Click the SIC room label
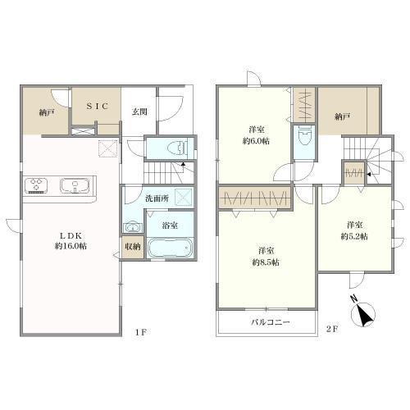coord(98,106)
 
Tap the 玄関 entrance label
coord(139,112)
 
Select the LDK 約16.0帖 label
coord(71,240)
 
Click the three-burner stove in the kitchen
coord(36,185)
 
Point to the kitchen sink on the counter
coord(75,186)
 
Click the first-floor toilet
coord(178,148)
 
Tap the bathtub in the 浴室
coord(170,248)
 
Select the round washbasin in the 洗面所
coord(133,227)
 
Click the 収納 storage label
coord(133,247)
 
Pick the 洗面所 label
coord(157,198)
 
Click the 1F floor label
coord(141,331)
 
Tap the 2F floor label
coord(332,329)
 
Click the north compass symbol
coord(363,313)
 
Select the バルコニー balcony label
coord(271,322)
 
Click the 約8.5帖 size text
coord(266,262)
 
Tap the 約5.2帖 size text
coord(354,236)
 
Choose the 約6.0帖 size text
coord(256,141)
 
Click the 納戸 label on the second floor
coord(343,117)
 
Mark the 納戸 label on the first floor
coord(47,112)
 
